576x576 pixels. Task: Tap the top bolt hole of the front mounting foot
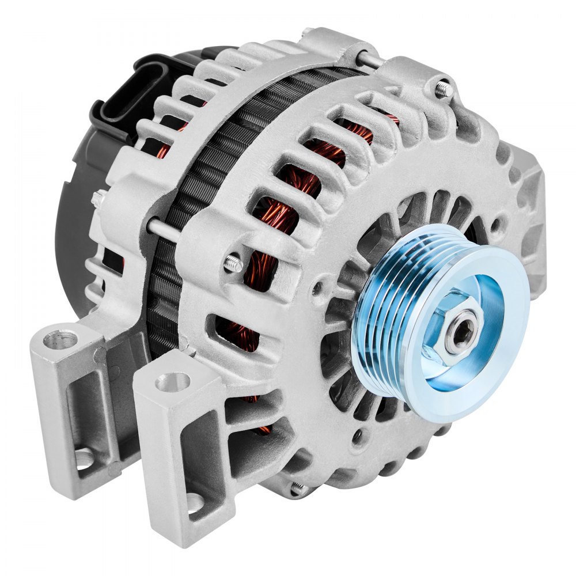click(172, 381)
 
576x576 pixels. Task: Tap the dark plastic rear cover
click(75, 230)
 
